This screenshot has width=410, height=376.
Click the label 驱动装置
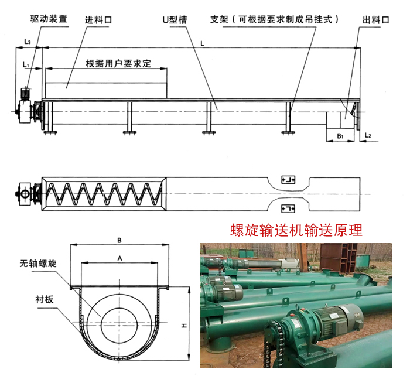[49, 19]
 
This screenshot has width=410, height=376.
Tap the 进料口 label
[98, 20]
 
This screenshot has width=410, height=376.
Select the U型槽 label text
[175, 19]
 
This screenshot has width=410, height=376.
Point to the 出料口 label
[376, 19]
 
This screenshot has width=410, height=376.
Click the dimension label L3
[28, 42]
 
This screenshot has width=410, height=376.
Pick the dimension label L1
[26, 64]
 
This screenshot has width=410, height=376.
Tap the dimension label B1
[340, 136]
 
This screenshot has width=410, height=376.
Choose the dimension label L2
[368, 135]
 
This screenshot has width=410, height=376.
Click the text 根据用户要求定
[118, 63]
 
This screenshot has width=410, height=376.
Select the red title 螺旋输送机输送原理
[296, 230]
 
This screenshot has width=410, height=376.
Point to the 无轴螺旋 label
[38, 264]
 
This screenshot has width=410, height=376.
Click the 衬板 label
[45, 300]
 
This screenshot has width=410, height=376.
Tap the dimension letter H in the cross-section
[184, 326]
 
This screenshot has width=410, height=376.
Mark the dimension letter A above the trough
[119, 258]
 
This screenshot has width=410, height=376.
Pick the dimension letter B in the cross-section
[119, 240]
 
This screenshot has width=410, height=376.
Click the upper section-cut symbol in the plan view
[288, 180]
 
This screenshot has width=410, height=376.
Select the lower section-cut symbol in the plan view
[288, 208]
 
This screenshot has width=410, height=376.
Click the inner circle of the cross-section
[101, 325]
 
